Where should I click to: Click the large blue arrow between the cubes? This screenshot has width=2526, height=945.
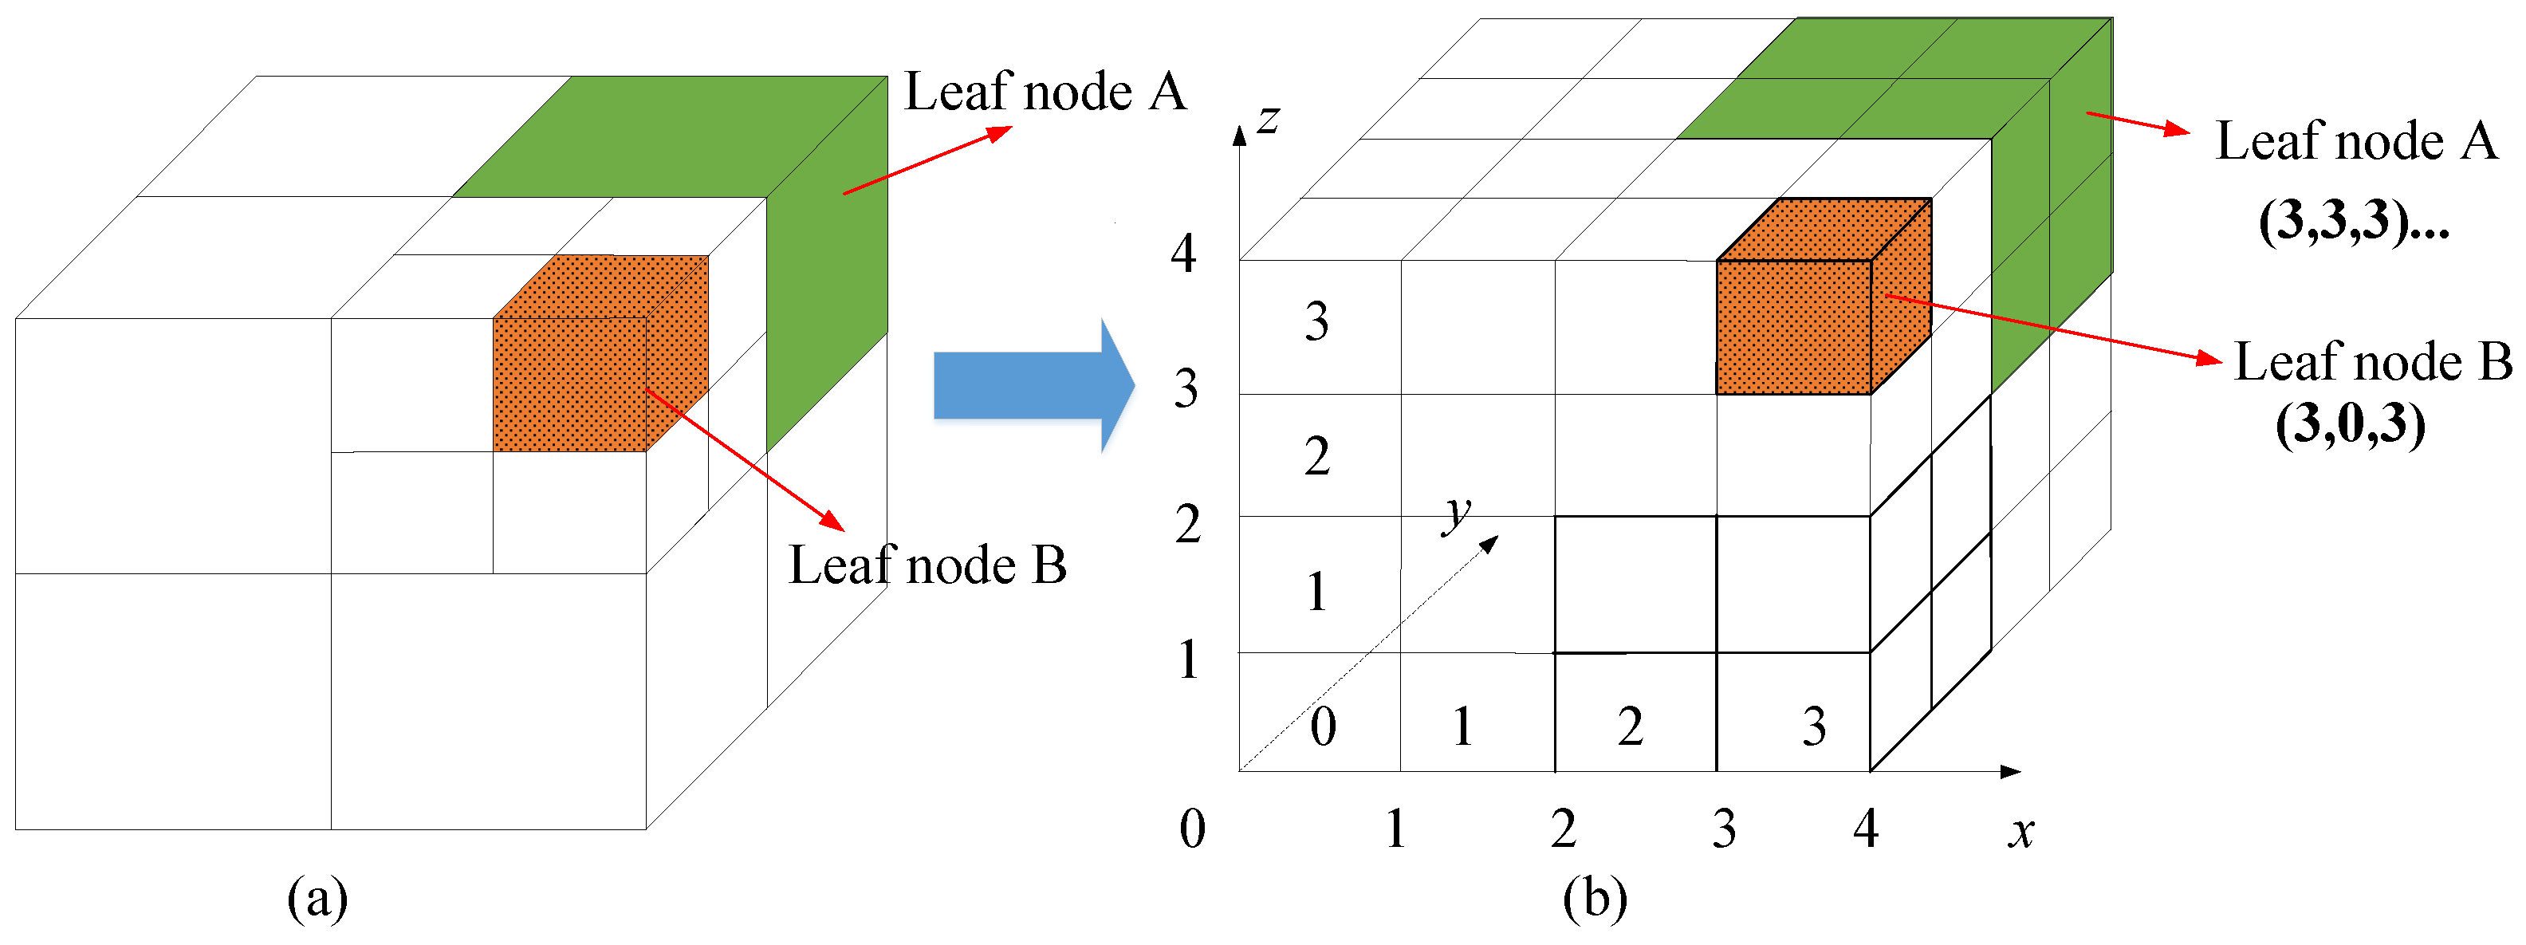click(x=1029, y=385)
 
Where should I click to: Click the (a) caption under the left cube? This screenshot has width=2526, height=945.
click(x=317, y=898)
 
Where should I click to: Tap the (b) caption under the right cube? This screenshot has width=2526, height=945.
click(x=1595, y=898)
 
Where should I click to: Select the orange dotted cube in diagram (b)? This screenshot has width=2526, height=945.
click(x=1795, y=324)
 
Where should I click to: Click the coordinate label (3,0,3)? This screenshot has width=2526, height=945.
click(x=2350, y=423)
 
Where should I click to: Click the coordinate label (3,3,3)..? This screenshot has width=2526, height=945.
click(x=2354, y=221)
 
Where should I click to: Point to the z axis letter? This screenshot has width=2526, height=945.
click(x=1268, y=119)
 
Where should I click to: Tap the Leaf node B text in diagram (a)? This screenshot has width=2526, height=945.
click(x=927, y=565)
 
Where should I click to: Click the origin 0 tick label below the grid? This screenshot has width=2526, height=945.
click(x=1191, y=829)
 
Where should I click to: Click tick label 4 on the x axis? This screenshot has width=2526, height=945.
click(x=1865, y=829)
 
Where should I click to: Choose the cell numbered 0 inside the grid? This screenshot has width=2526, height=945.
click(x=1322, y=726)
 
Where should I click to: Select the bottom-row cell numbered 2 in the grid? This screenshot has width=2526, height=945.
click(x=1630, y=726)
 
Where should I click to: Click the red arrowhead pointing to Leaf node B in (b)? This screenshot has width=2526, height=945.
click(x=2210, y=359)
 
